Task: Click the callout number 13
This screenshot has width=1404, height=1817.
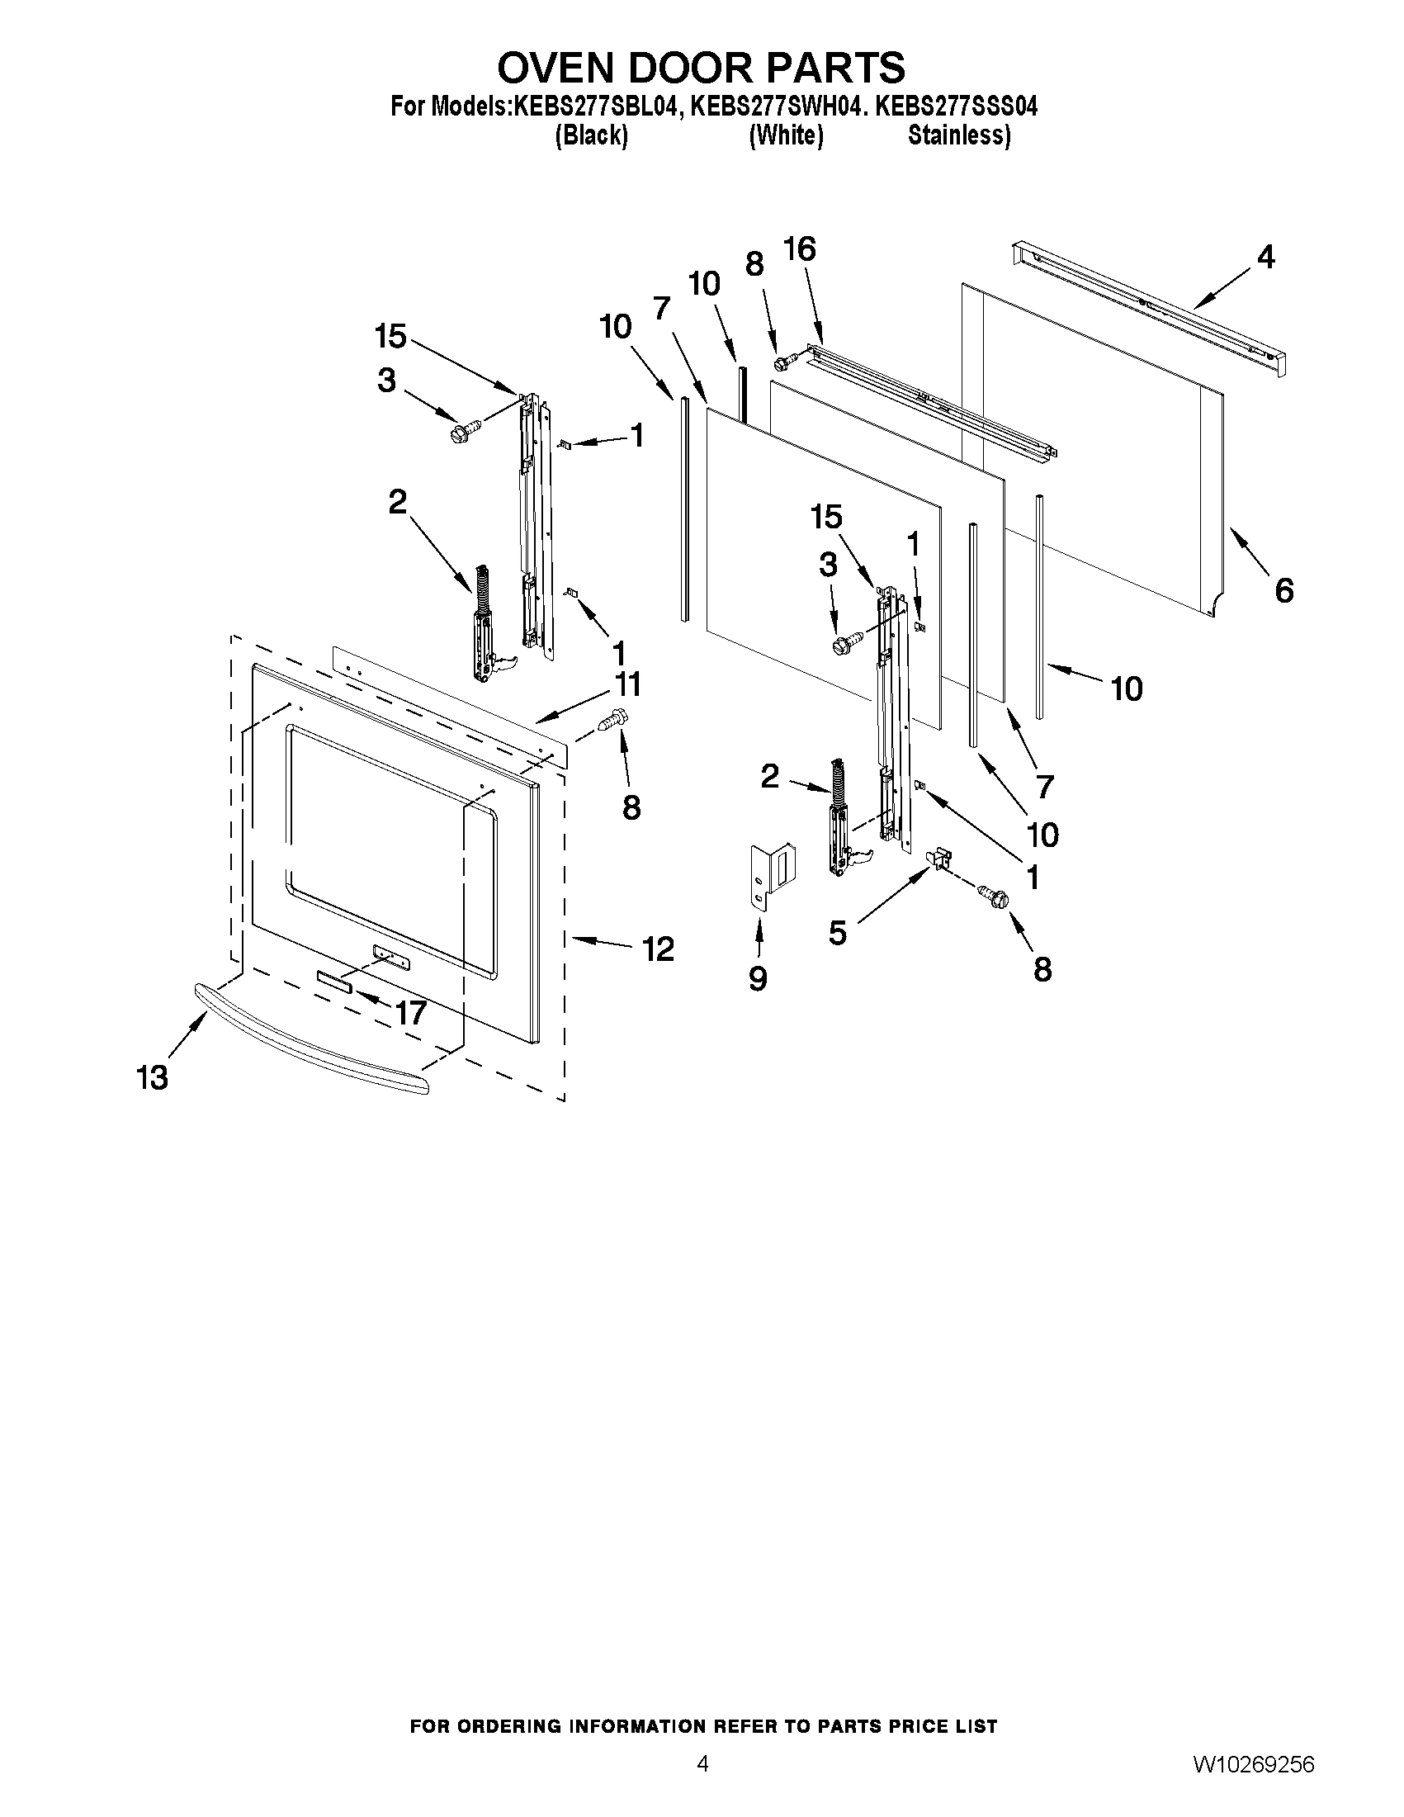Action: pos(152,1077)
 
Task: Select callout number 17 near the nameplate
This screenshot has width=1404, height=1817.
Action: pos(410,1012)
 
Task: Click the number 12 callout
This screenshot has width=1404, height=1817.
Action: pos(658,949)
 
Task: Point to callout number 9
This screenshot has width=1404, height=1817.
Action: pos(757,978)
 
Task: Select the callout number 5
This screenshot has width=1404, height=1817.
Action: pos(837,933)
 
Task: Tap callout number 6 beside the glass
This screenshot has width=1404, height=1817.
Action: pos(1283,591)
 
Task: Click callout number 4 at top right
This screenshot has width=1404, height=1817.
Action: pos(1265,257)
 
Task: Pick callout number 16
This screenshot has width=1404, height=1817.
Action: pos(799,248)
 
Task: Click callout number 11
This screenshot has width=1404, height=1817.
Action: pos(627,684)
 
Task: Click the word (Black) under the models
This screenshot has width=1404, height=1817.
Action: pos(590,135)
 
